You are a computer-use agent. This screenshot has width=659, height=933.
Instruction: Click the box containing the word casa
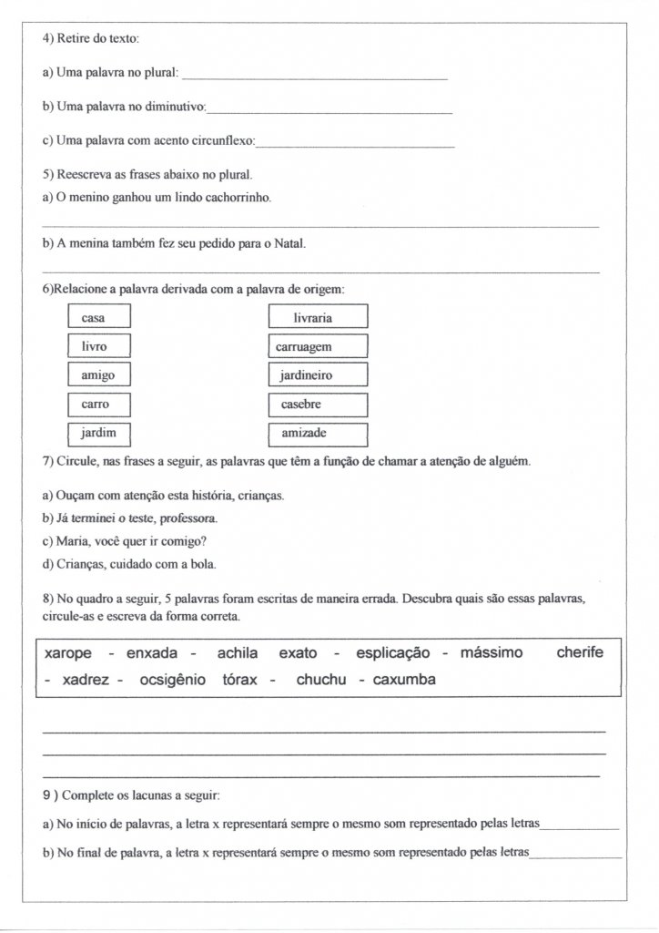click(x=99, y=317)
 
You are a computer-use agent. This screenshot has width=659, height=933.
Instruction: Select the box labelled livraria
click(x=318, y=317)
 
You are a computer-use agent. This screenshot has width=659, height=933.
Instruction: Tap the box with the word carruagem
click(x=318, y=346)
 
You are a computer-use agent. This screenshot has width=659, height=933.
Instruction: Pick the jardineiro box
click(x=318, y=374)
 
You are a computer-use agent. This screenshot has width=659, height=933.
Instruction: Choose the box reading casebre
click(x=318, y=404)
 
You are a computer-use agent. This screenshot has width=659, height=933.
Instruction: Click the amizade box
click(x=318, y=433)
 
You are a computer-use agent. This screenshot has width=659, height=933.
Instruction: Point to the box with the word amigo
click(x=99, y=374)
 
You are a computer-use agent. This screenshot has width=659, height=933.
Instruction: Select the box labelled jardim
click(x=99, y=432)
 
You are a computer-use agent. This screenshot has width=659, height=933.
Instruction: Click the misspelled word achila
click(x=238, y=653)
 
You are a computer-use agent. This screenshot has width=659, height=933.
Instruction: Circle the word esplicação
click(x=392, y=653)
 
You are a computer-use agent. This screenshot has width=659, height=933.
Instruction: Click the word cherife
click(x=580, y=653)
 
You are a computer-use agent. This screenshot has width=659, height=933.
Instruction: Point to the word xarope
click(x=70, y=653)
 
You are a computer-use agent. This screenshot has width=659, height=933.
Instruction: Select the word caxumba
click(x=404, y=680)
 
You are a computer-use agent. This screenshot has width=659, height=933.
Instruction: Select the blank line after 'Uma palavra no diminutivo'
click(x=329, y=111)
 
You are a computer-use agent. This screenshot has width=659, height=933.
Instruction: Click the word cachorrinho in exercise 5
click(x=234, y=197)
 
